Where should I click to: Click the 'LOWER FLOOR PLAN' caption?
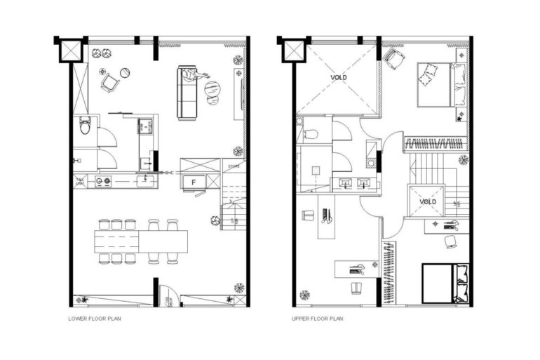point(92,318)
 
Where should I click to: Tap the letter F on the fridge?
point(193,181)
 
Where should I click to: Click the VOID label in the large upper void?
point(339,77)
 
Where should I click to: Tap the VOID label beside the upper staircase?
point(427,201)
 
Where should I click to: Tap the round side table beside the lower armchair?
point(125,72)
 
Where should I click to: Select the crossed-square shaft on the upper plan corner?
point(292,50)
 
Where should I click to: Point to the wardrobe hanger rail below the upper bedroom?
point(435,145)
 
